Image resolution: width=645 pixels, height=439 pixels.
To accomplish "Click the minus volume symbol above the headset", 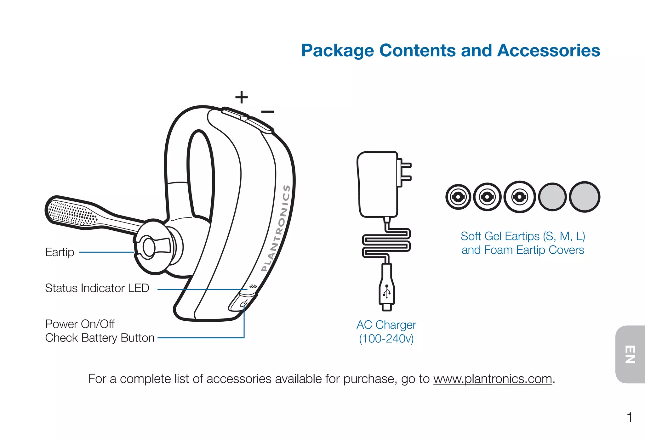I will tap(267, 112).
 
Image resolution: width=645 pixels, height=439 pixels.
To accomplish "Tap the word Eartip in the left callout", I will tap(60, 252).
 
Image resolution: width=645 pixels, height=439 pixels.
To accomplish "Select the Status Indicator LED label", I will tap(97, 288).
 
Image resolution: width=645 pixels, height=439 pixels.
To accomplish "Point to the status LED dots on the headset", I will tap(253, 287).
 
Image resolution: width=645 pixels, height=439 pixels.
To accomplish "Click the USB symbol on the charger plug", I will tap(387, 291).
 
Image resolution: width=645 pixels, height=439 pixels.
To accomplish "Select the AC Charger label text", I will tap(386, 325).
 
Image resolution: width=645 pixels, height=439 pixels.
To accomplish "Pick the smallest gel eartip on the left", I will tap(458, 197).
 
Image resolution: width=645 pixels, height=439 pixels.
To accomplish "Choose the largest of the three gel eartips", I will tap(520, 197).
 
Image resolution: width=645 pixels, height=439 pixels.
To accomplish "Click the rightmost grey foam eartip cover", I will tap(585, 197).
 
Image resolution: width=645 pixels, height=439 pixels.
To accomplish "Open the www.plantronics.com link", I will tap(493, 379).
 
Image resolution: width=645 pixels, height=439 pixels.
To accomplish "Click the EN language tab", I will tap(630, 354).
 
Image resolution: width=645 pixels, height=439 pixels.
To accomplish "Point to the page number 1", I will tap(630, 418).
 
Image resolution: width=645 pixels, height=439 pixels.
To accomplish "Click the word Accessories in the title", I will tap(549, 51).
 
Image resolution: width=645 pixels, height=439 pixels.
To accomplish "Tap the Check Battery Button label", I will tap(100, 338).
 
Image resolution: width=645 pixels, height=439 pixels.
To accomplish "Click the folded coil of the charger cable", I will tap(386, 243).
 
